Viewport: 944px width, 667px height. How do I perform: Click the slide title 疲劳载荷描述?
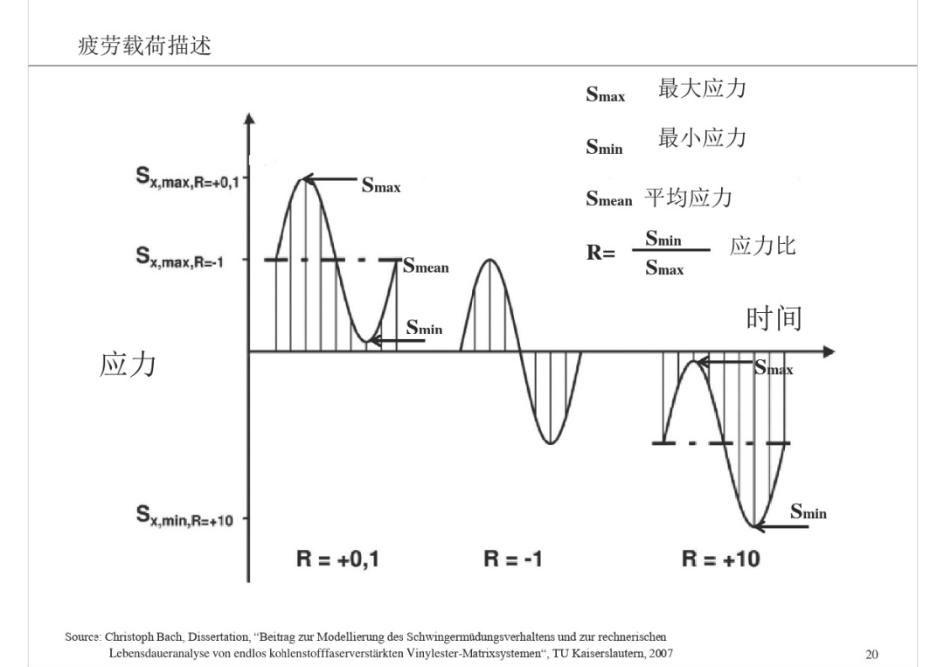coord(144,45)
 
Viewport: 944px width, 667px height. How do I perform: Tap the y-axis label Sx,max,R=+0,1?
coord(187,177)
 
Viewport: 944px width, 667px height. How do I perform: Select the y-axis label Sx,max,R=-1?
coord(179,258)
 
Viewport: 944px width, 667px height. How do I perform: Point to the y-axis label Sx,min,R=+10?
coord(184,517)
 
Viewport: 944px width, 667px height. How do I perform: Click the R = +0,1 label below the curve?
coord(337,559)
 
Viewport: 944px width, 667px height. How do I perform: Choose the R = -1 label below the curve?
coord(513,559)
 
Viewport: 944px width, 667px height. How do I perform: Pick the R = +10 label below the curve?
coord(720,559)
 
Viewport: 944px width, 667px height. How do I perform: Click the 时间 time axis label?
coord(774,318)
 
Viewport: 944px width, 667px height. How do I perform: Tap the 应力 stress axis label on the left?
coord(128,365)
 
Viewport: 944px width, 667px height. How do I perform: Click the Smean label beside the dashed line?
coord(426,266)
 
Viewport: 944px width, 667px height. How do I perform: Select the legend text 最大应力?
coord(702,88)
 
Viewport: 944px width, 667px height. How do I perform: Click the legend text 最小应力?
coord(702,138)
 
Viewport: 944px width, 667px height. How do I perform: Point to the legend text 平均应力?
coord(688,198)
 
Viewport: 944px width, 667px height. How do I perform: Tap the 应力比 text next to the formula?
coord(763,246)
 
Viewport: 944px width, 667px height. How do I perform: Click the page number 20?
coord(871,655)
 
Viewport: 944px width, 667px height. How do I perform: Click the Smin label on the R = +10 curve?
coord(808,511)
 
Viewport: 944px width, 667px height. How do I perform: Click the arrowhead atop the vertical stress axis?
coord(250,118)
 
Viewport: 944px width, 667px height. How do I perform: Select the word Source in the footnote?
coord(82,637)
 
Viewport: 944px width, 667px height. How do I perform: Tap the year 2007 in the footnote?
coord(661,653)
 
